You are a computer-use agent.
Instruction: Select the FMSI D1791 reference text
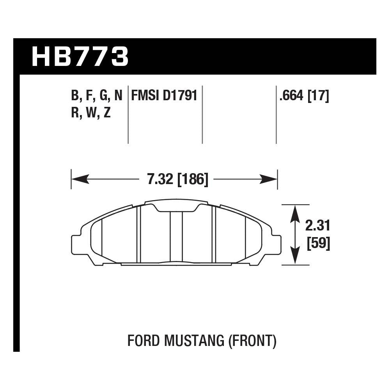coord(164,96)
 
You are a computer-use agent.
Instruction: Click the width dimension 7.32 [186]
coord(178,180)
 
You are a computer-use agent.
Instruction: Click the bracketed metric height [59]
coord(319,244)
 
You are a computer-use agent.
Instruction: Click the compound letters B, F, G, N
coord(96,96)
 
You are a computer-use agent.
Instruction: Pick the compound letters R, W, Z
coord(91,113)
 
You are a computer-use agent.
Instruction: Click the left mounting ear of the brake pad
coord(76,244)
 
